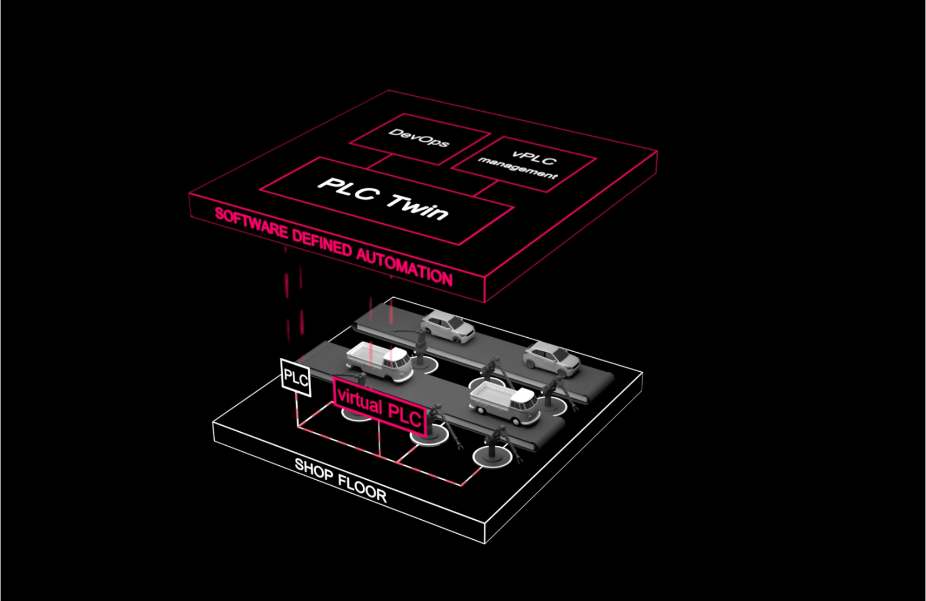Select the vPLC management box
tap(523, 165)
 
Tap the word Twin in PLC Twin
tap(417, 207)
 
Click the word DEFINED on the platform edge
tap(322, 244)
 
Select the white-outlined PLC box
tap(295, 377)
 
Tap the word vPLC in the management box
tap(533, 158)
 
